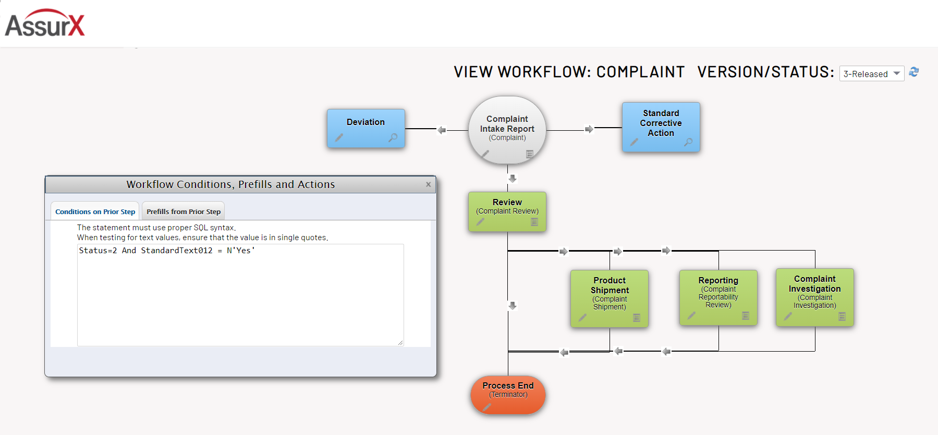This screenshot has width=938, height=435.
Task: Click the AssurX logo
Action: [45, 24]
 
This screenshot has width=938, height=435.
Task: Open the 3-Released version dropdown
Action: [871, 74]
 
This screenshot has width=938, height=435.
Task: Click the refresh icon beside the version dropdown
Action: [913, 72]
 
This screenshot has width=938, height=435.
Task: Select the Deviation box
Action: [366, 122]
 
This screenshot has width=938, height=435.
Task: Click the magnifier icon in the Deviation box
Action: [393, 138]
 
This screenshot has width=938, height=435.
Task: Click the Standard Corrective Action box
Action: [661, 123]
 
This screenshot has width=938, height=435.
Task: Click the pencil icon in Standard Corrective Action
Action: [634, 142]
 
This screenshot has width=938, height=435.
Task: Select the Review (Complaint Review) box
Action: [507, 207]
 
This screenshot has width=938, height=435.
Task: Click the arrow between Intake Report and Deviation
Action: [442, 130]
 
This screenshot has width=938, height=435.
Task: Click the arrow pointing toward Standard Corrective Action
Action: [589, 129]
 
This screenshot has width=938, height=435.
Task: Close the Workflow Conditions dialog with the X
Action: [428, 184]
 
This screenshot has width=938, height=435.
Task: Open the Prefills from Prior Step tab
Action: [183, 212]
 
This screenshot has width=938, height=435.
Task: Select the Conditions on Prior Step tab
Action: [95, 212]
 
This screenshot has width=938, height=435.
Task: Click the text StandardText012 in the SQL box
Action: [176, 251]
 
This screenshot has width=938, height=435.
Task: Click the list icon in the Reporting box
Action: [746, 316]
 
